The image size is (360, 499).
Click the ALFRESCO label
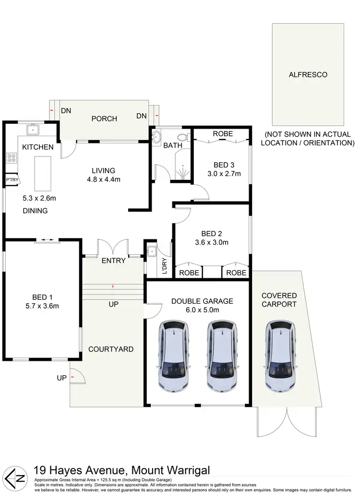[x=308, y=75]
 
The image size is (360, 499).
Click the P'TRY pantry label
[x=11, y=179]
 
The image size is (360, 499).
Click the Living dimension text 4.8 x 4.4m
[x=103, y=180]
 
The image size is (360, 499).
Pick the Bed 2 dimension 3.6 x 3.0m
[x=211, y=242]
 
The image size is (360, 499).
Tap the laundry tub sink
[x=151, y=251]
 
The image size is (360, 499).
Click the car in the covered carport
[x=279, y=355]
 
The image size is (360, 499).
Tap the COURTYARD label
[x=111, y=349]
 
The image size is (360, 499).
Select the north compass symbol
[x=15, y=477]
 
